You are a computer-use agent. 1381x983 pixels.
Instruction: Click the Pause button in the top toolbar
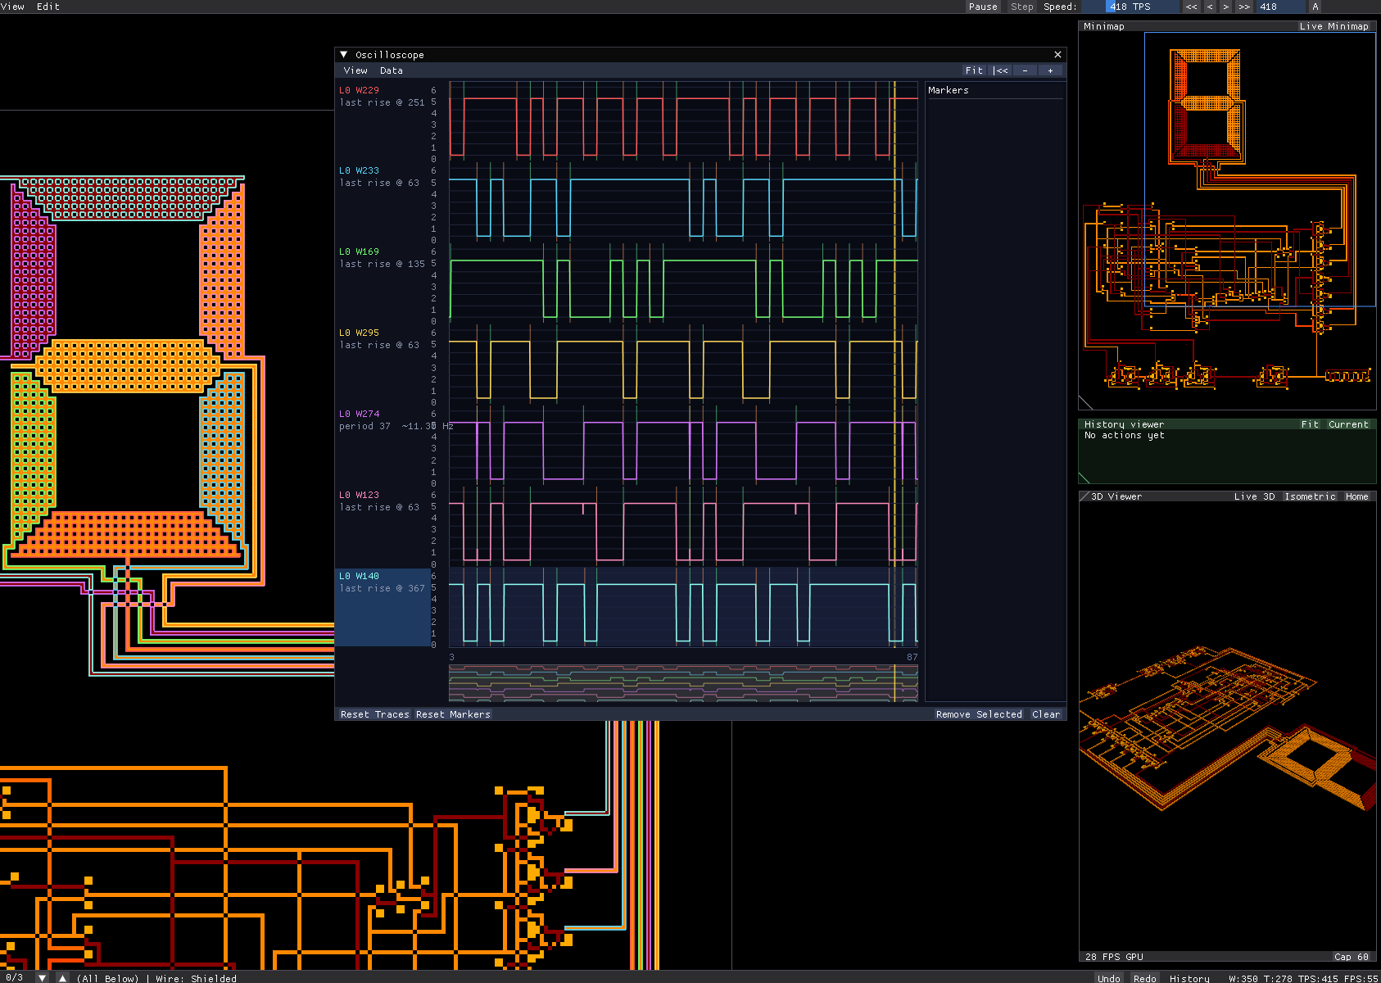[x=983, y=7]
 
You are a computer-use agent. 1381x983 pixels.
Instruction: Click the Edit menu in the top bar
[x=48, y=7]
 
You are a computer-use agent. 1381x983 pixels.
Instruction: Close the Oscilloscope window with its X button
[x=1057, y=55]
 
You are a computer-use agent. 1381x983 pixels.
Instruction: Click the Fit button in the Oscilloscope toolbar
[x=974, y=71]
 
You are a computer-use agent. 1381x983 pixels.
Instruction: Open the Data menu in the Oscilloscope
[x=391, y=71]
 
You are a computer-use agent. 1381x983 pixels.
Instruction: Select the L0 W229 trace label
[x=359, y=91]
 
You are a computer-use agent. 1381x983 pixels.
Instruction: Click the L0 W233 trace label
[x=359, y=171]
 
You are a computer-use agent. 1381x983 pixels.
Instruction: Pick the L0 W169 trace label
[x=359, y=251]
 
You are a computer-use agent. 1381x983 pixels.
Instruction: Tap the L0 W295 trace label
[x=359, y=333]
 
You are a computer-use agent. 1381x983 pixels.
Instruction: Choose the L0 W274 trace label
[x=359, y=414]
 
